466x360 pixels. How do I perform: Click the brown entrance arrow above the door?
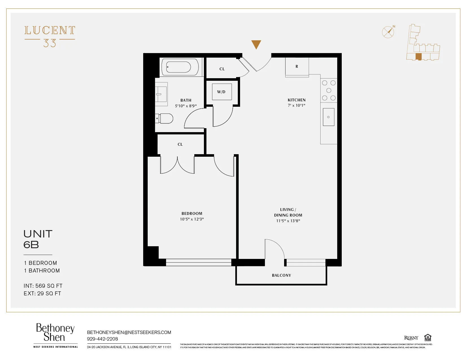click(x=256, y=44)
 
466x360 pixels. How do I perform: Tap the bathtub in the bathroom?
click(x=180, y=67)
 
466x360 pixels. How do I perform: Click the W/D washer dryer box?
click(x=222, y=92)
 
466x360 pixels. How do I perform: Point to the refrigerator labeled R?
click(x=297, y=67)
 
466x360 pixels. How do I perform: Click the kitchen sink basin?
click(x=328, y=117)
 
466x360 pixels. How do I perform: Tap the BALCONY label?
click(x=281, y=275)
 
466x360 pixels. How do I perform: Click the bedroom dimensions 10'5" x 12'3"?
click(x=192, y=219)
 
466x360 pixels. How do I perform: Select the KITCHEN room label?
click(x=297, y=100)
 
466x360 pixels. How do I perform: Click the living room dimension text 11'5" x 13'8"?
click(x=288, y=221)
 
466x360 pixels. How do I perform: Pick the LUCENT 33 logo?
click(x=50, y=36)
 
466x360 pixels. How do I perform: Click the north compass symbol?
click(x=388, y=32)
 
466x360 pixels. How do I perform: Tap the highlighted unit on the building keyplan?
click(x=419, y=56)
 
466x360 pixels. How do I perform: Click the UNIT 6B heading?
click(x=38, y=239)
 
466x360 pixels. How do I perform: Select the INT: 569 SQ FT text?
click(x=43, y=286)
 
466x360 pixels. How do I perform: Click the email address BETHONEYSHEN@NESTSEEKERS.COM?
click(x=129, y=332)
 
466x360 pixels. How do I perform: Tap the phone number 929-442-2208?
click(x=103, y=339)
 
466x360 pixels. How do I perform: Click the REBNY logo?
click(x=411, y=338)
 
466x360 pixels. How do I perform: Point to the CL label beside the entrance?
click(x=222, y=69)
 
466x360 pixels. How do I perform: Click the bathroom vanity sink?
click(x=161, y=94)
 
